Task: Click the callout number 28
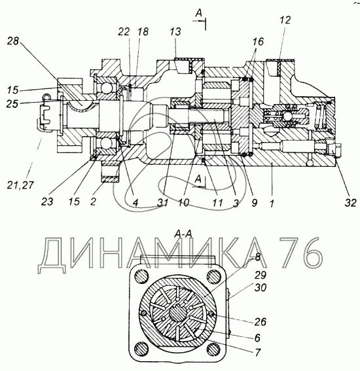[13, 41]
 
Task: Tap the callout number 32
[351, 203]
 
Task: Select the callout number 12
[285, 20]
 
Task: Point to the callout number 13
[175, 31]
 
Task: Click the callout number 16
[258, 41]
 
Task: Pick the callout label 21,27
[20, 185]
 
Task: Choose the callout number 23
[47, 202]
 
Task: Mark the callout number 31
[163, 203]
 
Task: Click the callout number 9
[254, 203]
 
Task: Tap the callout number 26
[260, 321]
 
